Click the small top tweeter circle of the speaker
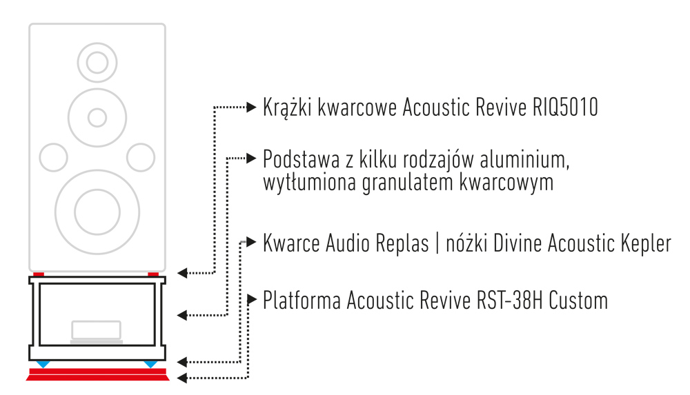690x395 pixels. click(x=97, y=61)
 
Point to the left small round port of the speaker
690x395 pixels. click(x=54, y=156)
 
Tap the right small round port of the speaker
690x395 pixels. click(x=140, y=156)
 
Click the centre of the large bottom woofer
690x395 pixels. click(x=97, y=207)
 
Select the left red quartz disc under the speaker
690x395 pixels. click(x=39, y=274)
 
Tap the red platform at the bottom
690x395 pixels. click(x=97, y=374)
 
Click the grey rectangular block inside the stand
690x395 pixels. click(x=97, y=330)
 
